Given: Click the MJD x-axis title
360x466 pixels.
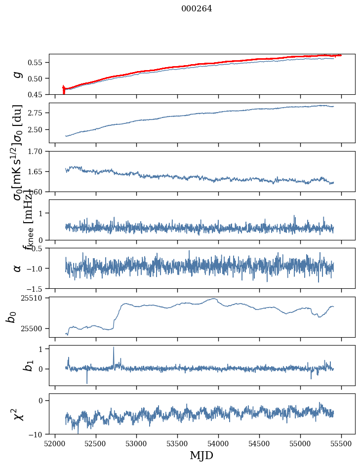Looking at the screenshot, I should coord(201,456).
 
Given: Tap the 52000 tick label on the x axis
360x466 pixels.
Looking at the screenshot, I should coord(55,444).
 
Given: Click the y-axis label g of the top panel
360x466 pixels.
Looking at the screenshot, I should coord(18,74).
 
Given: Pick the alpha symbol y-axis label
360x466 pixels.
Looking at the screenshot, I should coord(18,268).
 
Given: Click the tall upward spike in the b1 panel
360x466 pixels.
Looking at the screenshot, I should coord(114,348).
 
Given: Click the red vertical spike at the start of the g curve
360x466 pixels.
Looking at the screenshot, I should coord(64,90).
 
